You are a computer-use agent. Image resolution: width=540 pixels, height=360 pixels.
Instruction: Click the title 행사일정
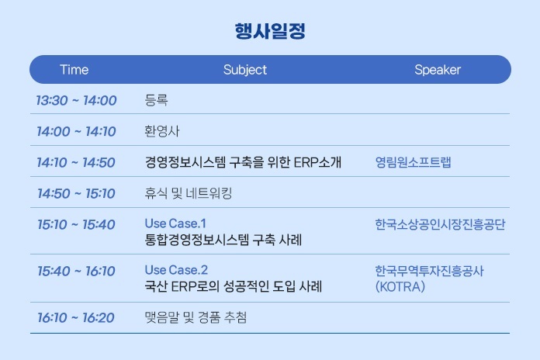click(270, 31)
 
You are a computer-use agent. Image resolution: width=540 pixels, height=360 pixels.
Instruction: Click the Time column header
click(74, 70)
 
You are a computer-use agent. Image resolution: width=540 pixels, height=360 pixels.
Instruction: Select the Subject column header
click(245, 70)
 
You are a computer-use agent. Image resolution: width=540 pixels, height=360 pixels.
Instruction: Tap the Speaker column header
click(438, 70)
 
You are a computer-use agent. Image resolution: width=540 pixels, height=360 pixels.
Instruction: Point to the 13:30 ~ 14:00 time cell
click(77, 101)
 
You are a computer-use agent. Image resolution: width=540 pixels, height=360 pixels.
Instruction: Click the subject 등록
click(156, 100)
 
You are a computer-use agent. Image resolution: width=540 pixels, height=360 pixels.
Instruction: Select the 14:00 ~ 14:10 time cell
click(77, 131)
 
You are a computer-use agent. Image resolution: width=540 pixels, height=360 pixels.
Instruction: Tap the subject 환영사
click(162, 131)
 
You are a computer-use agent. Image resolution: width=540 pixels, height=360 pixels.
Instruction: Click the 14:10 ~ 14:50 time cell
click(76, 162)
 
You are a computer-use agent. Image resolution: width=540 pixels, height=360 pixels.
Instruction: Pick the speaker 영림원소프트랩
click(413, 162)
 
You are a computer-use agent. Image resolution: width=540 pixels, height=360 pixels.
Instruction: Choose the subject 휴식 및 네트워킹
click(189, 193)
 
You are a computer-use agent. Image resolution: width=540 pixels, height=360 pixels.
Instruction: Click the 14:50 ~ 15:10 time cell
click(77, 193)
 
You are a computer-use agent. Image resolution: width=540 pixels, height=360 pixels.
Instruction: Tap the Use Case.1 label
click(175, 223)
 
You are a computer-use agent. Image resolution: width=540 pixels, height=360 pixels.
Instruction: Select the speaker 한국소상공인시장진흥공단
click(440, 224)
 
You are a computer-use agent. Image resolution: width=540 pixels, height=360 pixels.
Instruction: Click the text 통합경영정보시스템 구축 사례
click(223, 240)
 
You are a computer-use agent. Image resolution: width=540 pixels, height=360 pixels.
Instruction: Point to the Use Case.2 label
click(176, 270)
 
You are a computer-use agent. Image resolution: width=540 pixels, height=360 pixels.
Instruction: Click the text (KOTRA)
click(400, 286)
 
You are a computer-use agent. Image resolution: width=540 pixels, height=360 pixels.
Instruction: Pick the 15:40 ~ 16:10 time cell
click(77, 271)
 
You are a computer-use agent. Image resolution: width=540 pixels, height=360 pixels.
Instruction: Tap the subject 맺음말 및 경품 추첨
click(196, 317)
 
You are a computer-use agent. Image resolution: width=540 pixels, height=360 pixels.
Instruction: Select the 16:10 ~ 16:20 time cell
click(76, 317)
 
